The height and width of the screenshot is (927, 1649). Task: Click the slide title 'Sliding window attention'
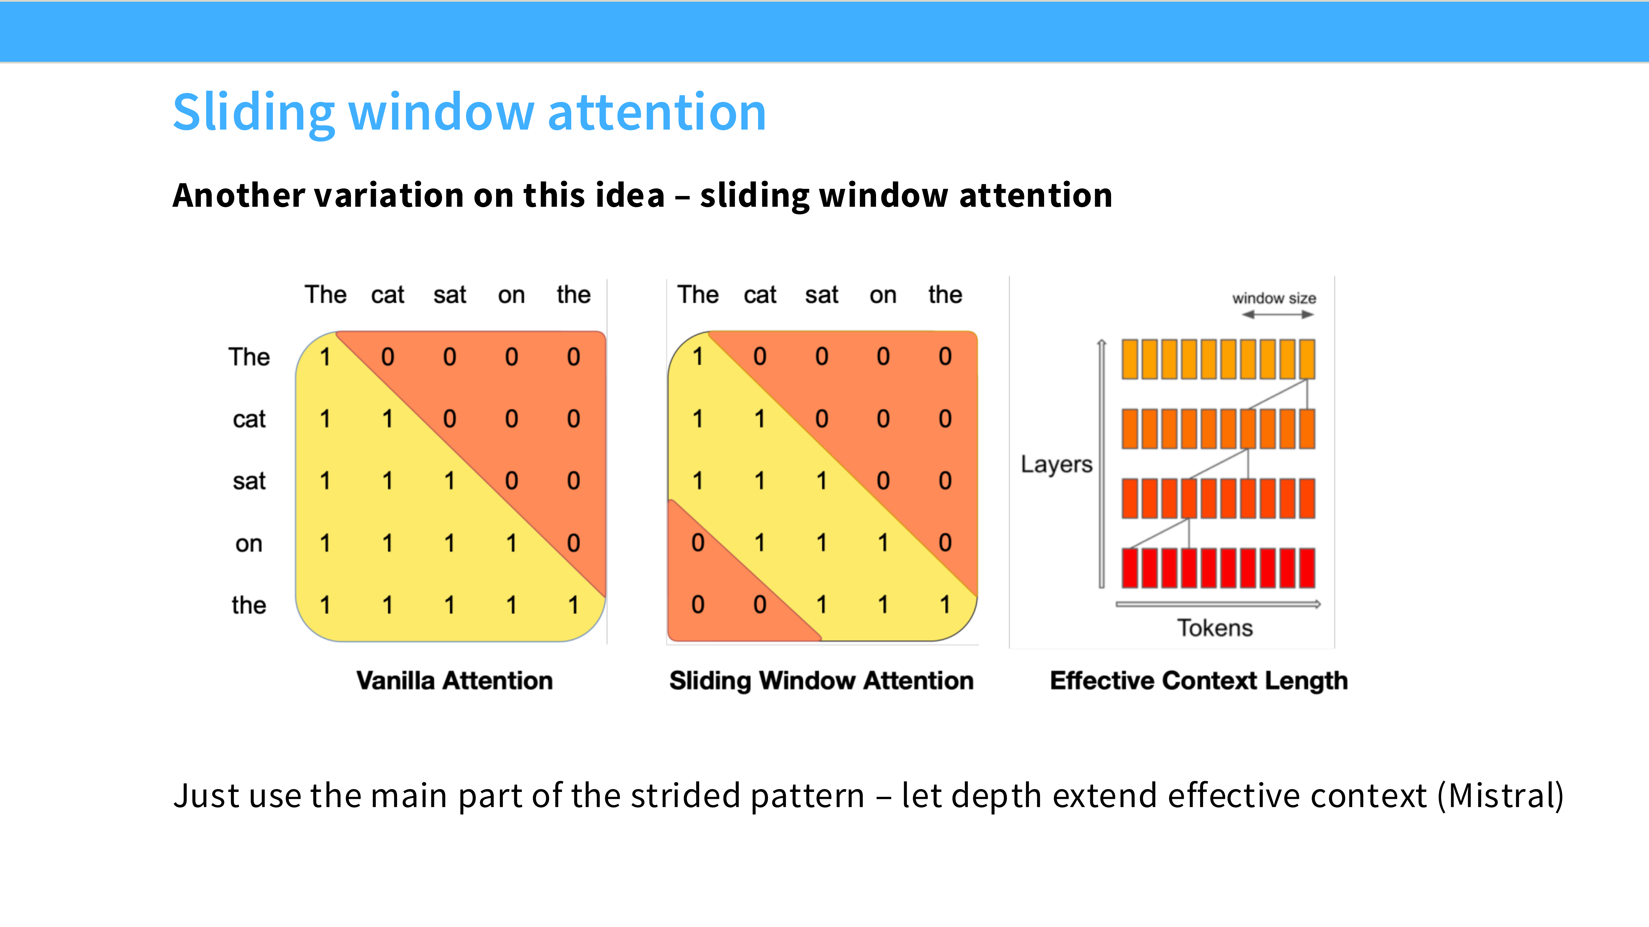click(x=469, y=113)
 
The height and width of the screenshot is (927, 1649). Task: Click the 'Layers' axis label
click(x=1056, y=464)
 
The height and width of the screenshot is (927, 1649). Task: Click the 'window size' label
click(x=1274, y=298)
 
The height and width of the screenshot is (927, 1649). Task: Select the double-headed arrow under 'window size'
click(x=1278, y=314)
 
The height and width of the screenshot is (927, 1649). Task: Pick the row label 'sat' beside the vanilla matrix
click(x=249, y=481)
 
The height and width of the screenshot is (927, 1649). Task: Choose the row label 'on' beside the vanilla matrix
click(x=249, y=544)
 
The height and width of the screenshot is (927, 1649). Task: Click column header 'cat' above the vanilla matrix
click(x=387, y=295)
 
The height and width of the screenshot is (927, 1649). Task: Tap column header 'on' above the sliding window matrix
click(x=883, y=295)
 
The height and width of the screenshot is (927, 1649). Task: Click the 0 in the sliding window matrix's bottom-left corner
click(x=698, y=605)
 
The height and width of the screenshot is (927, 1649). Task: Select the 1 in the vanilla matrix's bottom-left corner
click(x=325, y=605)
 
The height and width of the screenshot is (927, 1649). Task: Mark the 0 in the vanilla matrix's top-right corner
click(x=573, y=356)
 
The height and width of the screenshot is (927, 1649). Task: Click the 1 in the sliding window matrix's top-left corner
click(x=698, y=356)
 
